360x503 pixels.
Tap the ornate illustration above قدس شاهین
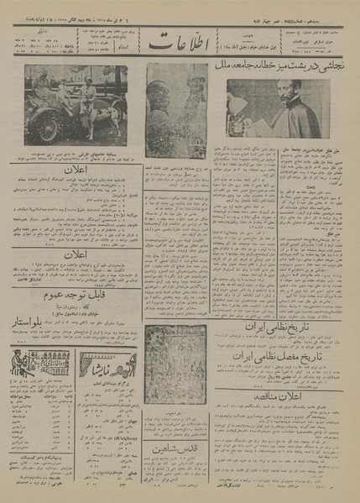pyautogui.click(x=175, y=386)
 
